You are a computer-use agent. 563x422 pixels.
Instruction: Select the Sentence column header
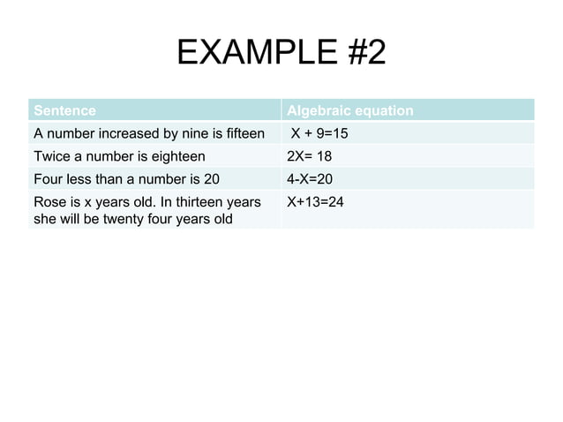point(64,111)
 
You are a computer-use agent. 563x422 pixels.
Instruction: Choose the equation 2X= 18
point(310,157)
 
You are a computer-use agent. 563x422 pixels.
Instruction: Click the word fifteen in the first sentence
point(244,134)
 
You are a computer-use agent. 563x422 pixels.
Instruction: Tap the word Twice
point(52,157)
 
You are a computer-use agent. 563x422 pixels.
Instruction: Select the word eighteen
point(176,157)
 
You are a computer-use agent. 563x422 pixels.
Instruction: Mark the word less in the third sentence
point(84,180)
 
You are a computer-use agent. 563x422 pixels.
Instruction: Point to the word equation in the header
point(382,111)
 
